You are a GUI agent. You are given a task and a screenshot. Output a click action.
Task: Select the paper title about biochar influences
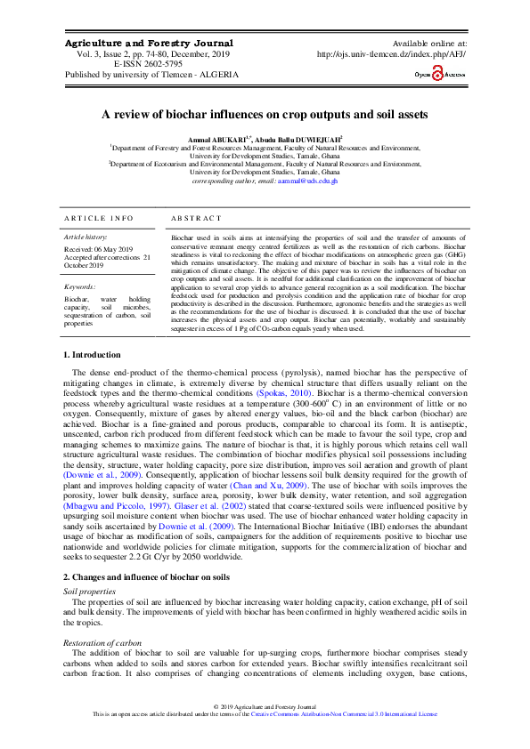(x=265, y=115)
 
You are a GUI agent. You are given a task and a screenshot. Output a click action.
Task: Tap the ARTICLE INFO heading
(x=99, y=218)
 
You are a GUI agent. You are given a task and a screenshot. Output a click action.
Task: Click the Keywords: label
(x=80, y=287)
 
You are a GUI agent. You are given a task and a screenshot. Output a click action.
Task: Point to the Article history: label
(x=86, y=238)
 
